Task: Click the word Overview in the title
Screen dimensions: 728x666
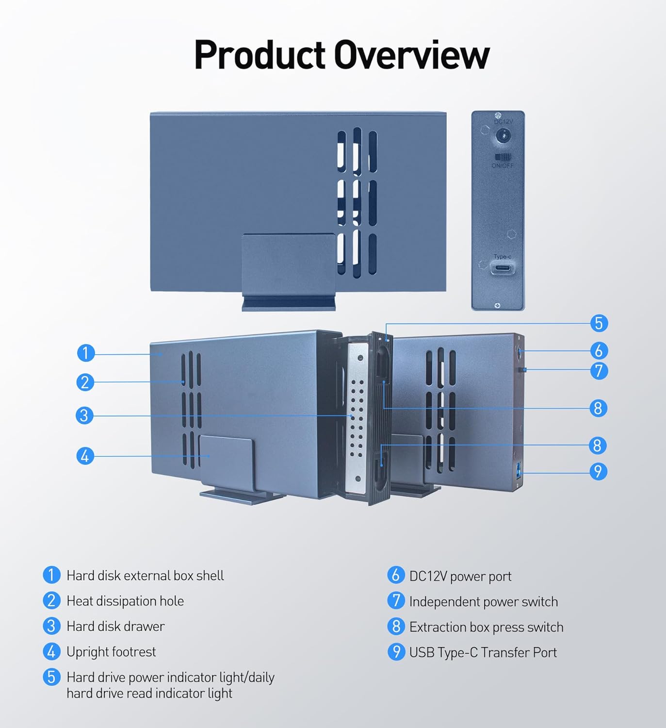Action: coord(412,55)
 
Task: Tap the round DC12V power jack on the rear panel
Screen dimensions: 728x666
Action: coord(503,136)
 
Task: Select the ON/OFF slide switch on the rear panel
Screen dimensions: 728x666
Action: coord(503,157)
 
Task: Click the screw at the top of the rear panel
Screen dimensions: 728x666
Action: coord(498,116)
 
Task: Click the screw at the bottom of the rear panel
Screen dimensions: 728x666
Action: coord(497,306)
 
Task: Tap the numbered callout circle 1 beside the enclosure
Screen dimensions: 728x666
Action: coord(86,353)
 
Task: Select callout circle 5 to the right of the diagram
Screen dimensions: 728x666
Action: coord(598,323)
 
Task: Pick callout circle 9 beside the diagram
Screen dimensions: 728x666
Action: coord(598,471)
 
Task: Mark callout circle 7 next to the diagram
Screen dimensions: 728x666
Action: coord(598,371)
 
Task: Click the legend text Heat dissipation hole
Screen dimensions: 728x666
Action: coord(125,601)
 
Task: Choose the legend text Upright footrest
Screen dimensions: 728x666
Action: coord(111,652)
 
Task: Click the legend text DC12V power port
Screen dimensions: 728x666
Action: coord(460,576)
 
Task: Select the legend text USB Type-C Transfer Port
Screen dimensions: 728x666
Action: coord(483,652)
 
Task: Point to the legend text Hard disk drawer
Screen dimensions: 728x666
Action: coord(115,627)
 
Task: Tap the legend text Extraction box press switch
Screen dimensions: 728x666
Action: coord(486,627)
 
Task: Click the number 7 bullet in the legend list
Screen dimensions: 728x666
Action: coord(396,601)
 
